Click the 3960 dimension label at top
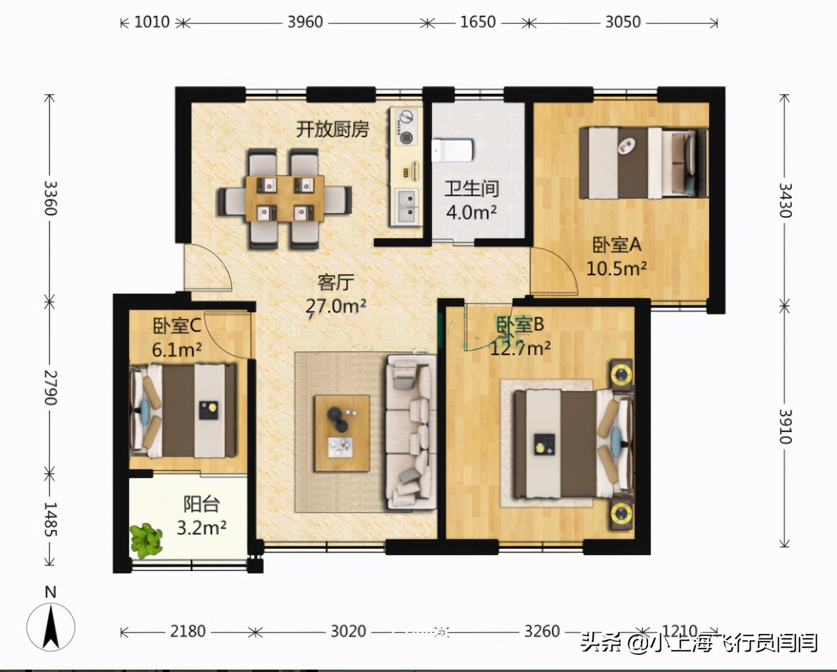click(305, 22)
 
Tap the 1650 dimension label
click(477, 22)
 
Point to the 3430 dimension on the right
click(785, 200)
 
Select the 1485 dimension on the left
click(50, 520)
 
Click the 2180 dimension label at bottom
click(187, 631)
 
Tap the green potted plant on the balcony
click(146, 540)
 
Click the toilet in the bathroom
click(452, 150)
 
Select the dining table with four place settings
click(284, 200)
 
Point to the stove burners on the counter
click(406, 127)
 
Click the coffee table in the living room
click(341, 433)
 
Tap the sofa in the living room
click(411, 432)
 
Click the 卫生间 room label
click(471, 189)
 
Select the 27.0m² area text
click(336, 305)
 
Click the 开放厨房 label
click(333, 129)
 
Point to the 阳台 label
click(201, 504)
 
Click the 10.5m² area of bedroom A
click(617, 268)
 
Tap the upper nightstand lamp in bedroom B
click(622, 373)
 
